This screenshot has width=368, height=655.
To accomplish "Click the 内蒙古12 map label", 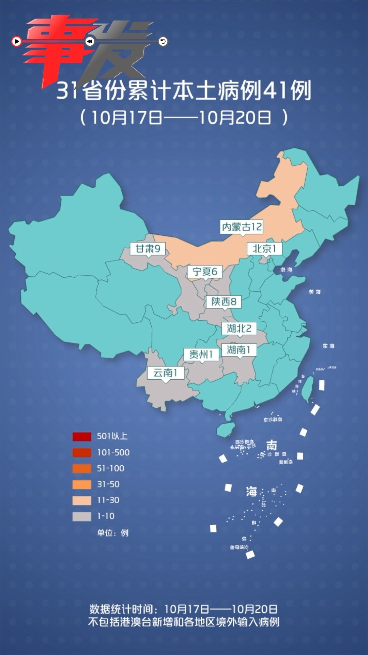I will click(x=242, y=227).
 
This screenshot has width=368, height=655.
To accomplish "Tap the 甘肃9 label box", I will click(x=148, y=248).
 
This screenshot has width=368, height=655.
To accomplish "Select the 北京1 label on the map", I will click(x=264, y=248).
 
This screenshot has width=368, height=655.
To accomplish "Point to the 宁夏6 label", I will click(x=205, y=272).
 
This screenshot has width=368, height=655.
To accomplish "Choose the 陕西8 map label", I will click(x=224, y=302).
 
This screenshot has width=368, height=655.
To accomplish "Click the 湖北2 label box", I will click(x=239, y=329).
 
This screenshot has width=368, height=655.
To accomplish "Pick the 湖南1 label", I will click(x=239, y=350).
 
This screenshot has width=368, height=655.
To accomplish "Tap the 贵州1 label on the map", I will click(x=201, y=354).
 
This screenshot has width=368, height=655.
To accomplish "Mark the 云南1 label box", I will click(x=166, y=373).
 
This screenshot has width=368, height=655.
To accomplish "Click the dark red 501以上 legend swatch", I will click(x=82, y=436).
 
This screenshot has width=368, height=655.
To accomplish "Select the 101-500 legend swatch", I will click(x=82, y=452).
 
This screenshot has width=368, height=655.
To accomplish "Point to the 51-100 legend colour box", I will click(x=82, y=468).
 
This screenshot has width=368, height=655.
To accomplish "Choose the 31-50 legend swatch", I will click(x=82, y=484).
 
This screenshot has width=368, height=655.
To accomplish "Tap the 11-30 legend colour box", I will click(x=82, y=500).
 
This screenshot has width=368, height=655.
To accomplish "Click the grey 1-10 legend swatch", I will click(x=82, y=516).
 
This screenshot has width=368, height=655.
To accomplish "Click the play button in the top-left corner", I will click(x=16, y=42).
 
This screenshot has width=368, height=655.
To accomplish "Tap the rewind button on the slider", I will click(x=90, y=42).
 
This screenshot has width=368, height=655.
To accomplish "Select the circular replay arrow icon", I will click(x=163, y=42).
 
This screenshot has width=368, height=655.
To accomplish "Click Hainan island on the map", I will click(x=226, y=430).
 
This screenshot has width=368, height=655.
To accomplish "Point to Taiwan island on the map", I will click(x=308, y=389).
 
